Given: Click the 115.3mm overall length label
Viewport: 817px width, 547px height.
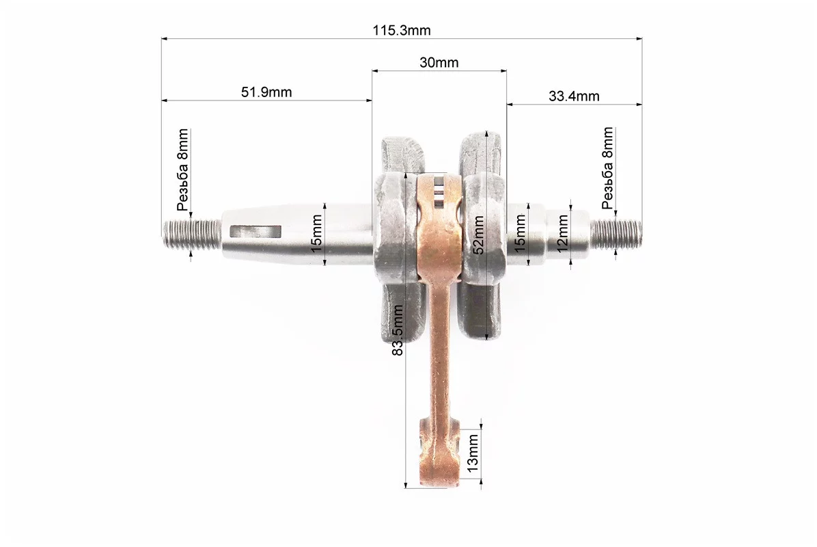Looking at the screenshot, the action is [401, 30].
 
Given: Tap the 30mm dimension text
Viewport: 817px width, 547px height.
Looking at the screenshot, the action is [439, 63].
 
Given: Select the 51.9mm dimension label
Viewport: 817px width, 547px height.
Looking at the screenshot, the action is [266, 92].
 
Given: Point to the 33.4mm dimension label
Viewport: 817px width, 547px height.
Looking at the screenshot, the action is [574, 96].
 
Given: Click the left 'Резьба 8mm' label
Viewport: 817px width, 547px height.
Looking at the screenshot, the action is [182, 170].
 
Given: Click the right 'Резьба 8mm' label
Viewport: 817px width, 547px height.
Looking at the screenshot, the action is [607, 168].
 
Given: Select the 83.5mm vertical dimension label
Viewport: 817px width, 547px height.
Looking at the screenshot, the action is [398, 331].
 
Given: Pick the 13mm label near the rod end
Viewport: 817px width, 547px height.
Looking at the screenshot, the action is [473, 453].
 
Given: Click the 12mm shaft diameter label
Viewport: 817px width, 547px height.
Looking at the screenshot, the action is [563, 234].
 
